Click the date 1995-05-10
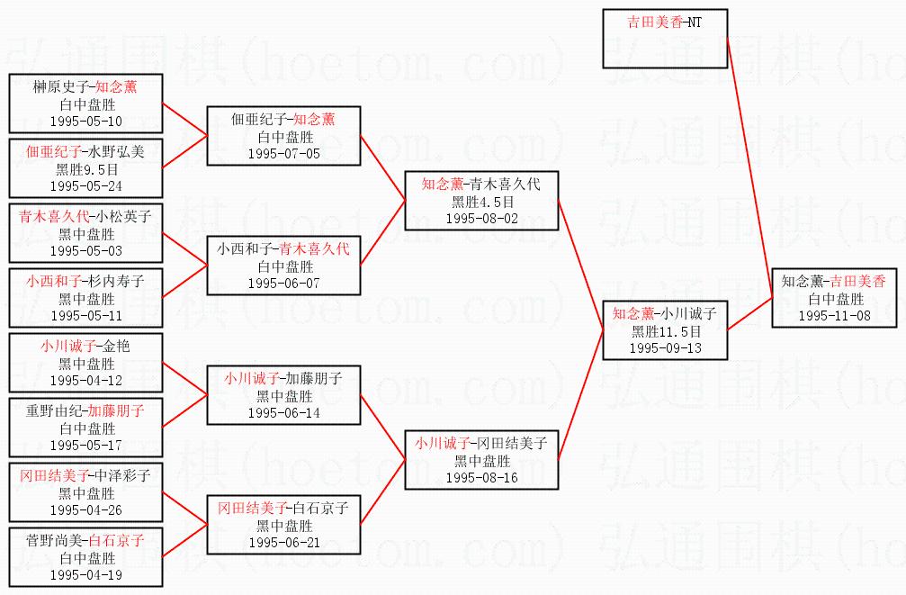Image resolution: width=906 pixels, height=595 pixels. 86,122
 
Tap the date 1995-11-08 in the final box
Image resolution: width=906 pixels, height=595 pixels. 834,316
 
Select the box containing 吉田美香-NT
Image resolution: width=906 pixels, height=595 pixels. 665,39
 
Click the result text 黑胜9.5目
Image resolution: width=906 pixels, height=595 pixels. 87,169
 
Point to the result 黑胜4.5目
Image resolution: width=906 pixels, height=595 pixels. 482,202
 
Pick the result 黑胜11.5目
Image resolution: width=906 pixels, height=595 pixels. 666,331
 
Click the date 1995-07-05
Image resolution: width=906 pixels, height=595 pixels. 283,154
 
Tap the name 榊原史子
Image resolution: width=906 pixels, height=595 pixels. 60,86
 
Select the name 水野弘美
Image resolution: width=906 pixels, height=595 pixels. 116,151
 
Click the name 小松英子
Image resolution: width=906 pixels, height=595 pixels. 123,216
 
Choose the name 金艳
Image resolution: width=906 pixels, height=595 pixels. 116,346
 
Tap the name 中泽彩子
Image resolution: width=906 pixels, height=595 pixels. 123,475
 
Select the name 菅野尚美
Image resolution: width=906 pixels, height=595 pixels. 54,540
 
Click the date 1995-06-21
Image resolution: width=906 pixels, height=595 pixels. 283,543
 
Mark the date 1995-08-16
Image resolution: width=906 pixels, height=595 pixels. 482,478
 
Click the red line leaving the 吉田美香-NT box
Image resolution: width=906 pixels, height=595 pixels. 750,168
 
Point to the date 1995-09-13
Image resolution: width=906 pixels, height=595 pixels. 665,348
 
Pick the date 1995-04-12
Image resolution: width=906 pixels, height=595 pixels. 86,381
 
